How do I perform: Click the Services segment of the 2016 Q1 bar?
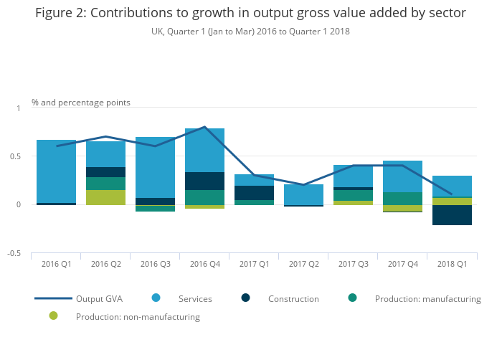pos(56,171)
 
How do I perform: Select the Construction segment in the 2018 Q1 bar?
pos(452,215)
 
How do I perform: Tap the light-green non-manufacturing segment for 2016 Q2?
pos(105,197)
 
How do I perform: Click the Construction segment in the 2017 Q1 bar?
pos(254,193)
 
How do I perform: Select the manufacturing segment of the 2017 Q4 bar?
pos(402,199)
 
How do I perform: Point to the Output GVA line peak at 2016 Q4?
pos(205,127)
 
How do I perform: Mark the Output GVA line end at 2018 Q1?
pos(451,194)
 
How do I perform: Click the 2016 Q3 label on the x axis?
pos(155,264)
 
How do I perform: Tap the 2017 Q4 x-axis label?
pos(402,264)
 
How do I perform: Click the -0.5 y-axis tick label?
pos(14,254)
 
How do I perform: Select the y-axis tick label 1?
pos(19,108)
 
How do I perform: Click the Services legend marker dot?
pos(156,298)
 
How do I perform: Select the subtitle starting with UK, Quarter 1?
pos(250,32)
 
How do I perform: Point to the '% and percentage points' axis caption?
pos(81,103)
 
